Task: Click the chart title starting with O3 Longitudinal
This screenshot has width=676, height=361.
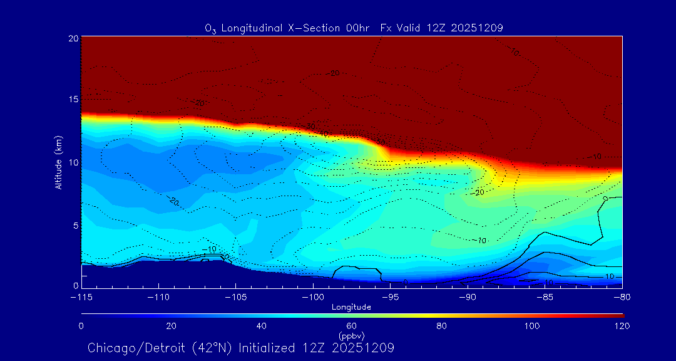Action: pos(354,28)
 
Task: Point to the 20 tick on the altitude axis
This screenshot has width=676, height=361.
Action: pos(73,38)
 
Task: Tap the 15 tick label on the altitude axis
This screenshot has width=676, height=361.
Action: pos(73,100)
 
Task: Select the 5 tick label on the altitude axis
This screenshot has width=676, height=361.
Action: pos(75,224)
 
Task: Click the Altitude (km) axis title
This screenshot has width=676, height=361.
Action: pos(58,162)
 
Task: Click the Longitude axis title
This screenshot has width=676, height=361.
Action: pos(351,307)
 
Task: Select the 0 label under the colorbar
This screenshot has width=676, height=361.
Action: pos(81,326)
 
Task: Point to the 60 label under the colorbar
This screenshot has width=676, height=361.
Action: pos(352,326)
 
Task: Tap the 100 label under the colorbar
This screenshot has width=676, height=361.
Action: pos(532,326)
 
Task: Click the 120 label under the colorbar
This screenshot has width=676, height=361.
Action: pos(622,326)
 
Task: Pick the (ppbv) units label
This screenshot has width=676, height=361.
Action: pos(351,336)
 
